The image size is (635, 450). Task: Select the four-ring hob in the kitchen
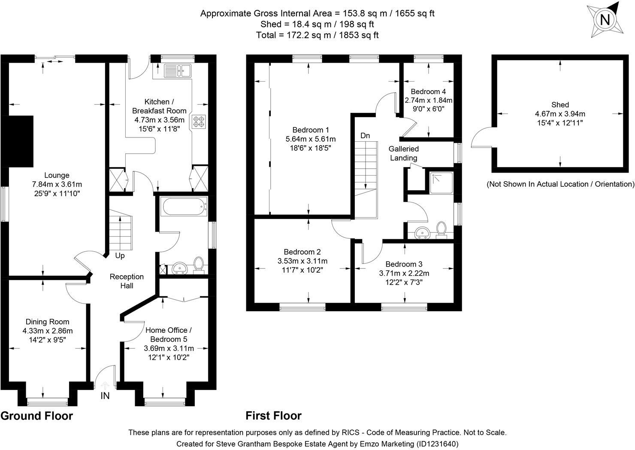199,122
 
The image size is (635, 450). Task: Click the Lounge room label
56,175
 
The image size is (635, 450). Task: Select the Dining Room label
47,322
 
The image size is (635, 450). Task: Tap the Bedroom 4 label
428,91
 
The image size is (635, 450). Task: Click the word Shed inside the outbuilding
560,105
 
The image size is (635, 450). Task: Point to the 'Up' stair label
120,255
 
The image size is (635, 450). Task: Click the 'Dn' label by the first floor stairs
365,136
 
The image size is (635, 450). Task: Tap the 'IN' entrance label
105,396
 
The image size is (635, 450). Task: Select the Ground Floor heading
36,416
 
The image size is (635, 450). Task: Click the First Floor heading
273,416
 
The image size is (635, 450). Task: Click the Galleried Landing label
403,153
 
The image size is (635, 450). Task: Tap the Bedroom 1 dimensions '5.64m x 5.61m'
310,139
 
